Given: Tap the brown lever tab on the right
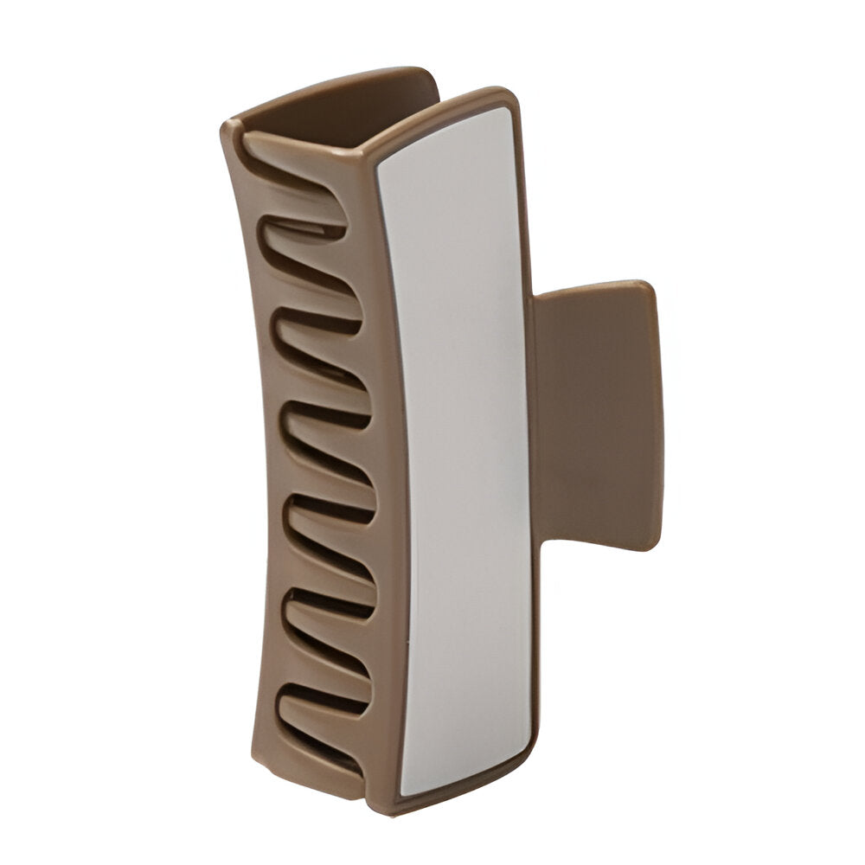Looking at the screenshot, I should coord(597,415).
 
